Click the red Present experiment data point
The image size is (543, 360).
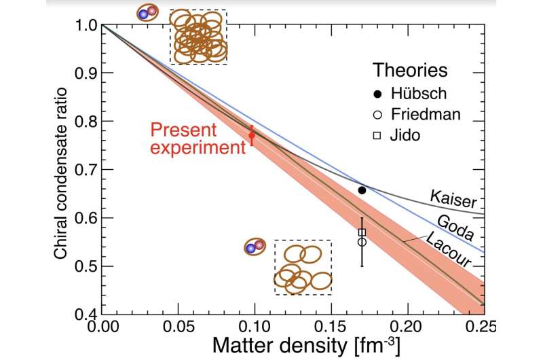252,135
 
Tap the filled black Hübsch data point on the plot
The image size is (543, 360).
362,190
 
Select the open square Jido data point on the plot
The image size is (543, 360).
362,232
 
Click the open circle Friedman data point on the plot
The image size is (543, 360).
362,242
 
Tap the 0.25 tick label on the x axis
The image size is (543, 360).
483,327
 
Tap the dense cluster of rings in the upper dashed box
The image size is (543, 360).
198,37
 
